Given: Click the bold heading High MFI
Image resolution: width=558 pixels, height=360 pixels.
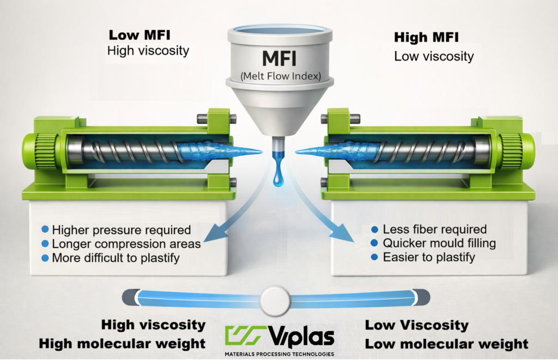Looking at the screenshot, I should click(426, 38).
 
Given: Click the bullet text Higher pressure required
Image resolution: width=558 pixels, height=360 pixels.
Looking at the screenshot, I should click(121, 230).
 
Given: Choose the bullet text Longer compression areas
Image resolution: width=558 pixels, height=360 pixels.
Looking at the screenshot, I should click(126, 244).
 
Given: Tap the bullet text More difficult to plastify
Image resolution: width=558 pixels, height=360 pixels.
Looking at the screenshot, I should click(116, 258).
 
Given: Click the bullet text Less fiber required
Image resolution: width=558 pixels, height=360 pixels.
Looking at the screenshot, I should click(434, 229).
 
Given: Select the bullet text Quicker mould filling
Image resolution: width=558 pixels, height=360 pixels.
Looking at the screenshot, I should click(439, 243).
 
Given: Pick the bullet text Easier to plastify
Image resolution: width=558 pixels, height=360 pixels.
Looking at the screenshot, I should click(429, 257).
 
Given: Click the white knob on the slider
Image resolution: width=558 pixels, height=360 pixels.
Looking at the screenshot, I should click(275, 298).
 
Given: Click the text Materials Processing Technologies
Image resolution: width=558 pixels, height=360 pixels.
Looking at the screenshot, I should click(279, 354).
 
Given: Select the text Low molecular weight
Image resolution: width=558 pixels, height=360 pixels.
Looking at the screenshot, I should click(446, 344).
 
